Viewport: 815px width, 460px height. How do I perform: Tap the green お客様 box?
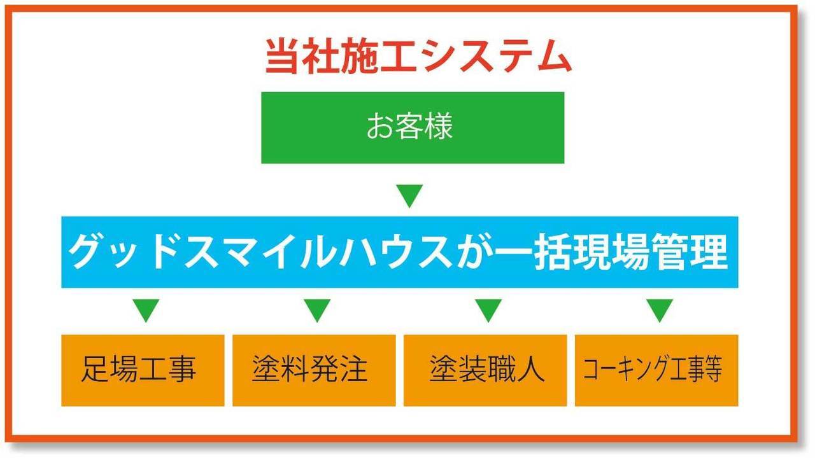(413, 128)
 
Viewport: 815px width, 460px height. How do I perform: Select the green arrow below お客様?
(409, 196)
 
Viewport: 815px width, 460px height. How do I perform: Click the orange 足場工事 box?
(143, 370)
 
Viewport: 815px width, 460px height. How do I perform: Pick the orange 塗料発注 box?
(314, 370)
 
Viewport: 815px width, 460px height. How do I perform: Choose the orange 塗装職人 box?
(485, 370)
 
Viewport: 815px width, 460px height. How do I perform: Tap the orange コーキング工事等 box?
(656, 370)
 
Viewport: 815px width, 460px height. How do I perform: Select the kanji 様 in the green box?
(439, 126)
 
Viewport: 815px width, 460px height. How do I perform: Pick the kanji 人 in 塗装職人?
(530, 368)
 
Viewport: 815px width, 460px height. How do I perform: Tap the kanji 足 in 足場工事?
(96, 368)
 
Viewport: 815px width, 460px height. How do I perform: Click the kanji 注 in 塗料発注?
(353, 368)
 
